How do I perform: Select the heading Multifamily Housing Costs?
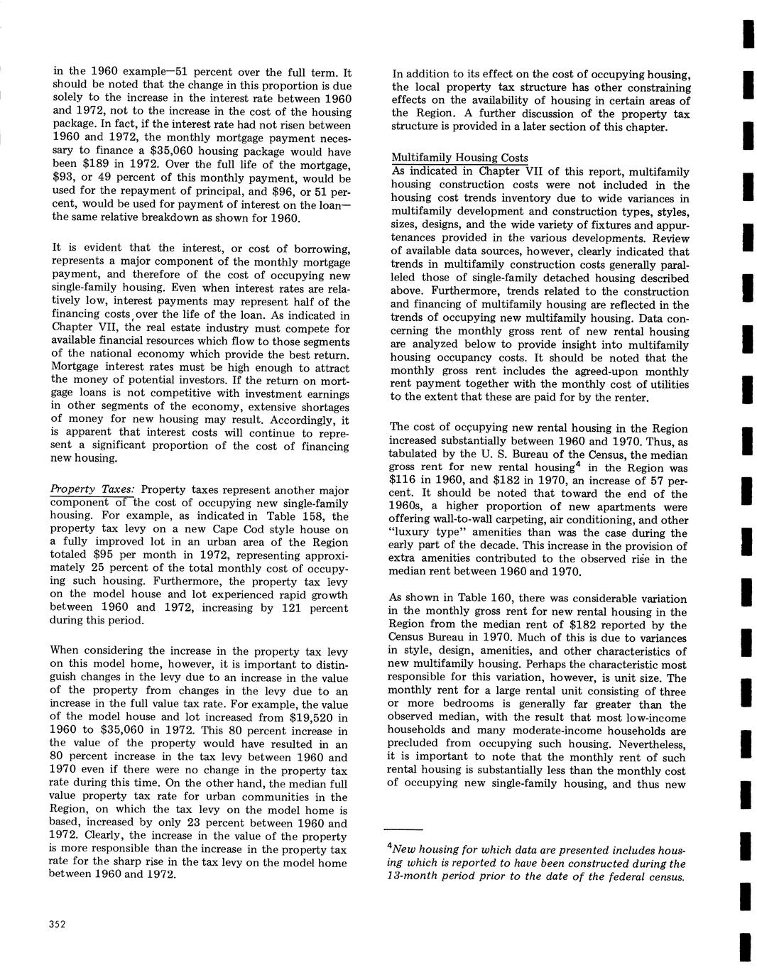459,158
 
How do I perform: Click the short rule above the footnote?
403,829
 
